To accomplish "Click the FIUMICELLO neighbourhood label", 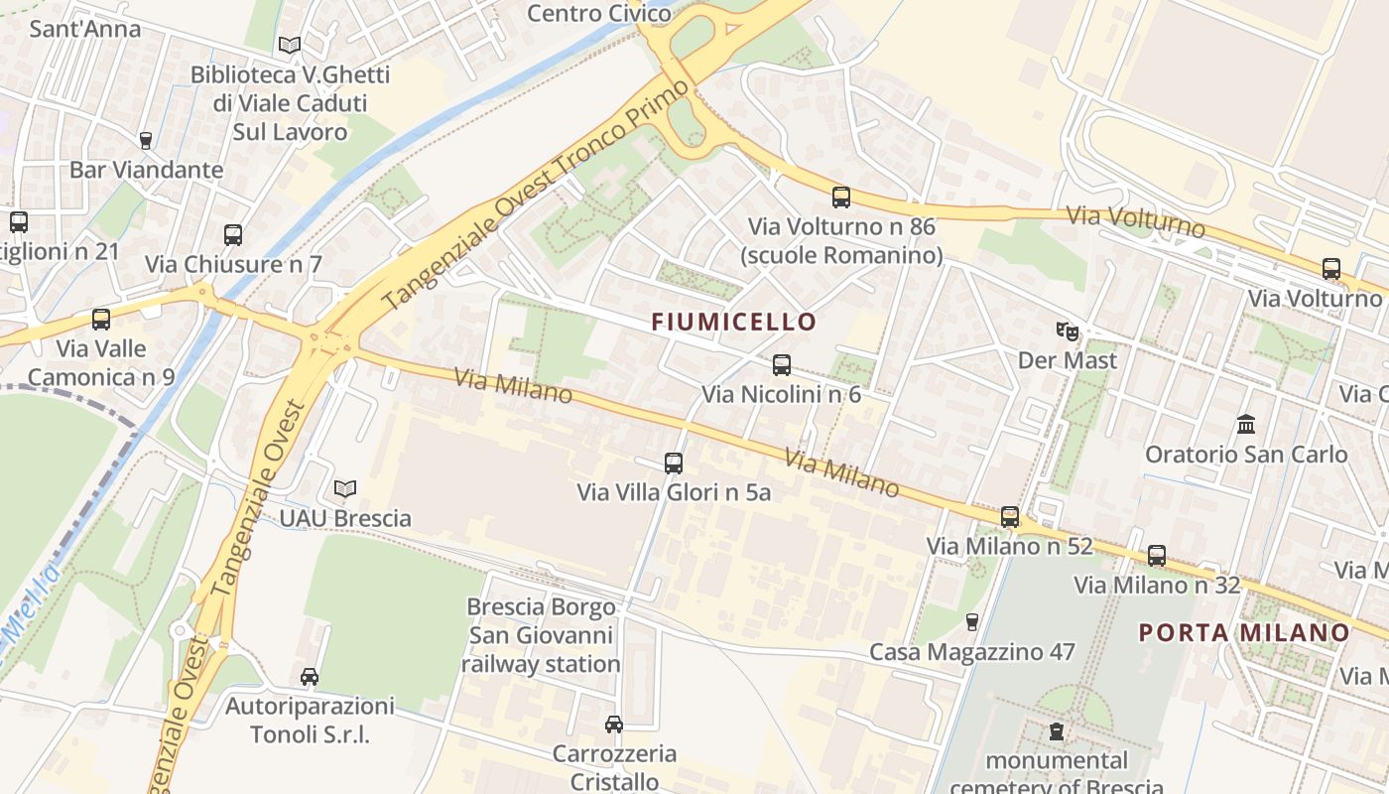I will [x=733, y=322].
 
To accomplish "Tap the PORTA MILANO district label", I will [x=1244, y=632].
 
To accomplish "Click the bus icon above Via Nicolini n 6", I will [x=782, y=365].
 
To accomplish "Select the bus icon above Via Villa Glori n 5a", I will [x=674, y=463].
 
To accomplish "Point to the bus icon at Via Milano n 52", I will [x=1010, y=517].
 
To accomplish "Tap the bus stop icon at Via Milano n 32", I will [x=1157, y=556].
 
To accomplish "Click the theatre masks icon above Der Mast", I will [x=1068, y=331].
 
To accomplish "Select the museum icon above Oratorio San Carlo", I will [x=1246, y=425].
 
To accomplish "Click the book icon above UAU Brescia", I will [x=345, y=489].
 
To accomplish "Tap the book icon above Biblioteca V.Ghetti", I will [x=290, y=46].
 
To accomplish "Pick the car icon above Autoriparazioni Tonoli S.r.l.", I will [x=310, y=677].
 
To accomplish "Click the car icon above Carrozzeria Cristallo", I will [x=614, y=725].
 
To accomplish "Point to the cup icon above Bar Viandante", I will [x=146, y=141].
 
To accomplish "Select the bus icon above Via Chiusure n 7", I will [x=233, y=235].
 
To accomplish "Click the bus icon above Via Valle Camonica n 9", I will [x=101, y=320].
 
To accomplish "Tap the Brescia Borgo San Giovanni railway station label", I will [x=541, y=635].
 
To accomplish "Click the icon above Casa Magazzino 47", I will [x=972, y=622].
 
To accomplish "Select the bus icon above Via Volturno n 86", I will [x=841, y=198].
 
